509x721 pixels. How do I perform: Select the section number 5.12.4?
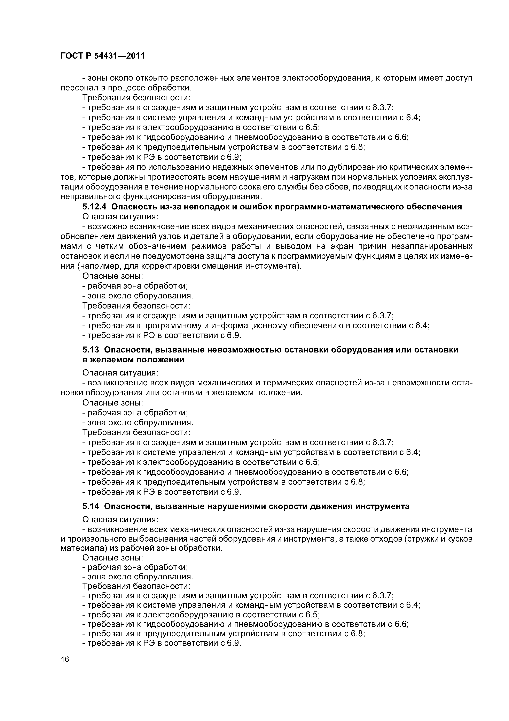coord(94,207)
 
